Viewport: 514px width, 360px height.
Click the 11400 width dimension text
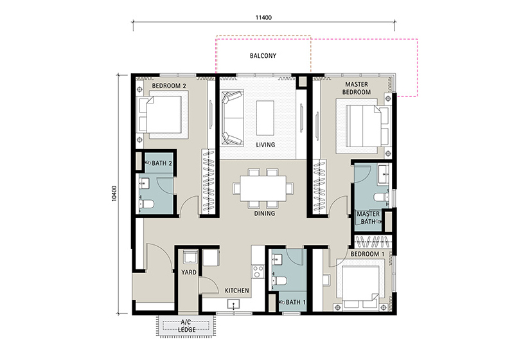(x=263, y=17)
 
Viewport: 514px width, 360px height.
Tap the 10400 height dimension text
(x=114, y=194)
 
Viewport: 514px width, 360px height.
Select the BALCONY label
(x=263, y=56)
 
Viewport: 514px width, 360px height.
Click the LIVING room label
(x=265, y=145)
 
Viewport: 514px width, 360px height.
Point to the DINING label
(x=265, y=213)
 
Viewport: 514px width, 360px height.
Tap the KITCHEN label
(x=236, y=291)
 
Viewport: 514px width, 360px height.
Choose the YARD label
(x=189, y=272)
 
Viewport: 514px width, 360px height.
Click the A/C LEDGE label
(x=186, y=326)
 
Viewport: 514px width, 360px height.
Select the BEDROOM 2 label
(x=169, y=86)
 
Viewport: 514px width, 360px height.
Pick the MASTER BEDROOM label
(x=357, y=88)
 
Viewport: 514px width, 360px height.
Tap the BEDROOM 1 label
(x=368, y=254)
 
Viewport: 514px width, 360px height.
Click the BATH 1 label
(x=296, y=302)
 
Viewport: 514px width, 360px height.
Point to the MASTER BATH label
(x=368, y=218)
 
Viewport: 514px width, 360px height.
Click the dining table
(x=263, y=188)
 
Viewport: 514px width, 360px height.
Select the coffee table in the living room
(x=265, y=118)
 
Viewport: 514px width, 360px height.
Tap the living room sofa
(x=232, y=118)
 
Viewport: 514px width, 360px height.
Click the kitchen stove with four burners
(x=258, y=272)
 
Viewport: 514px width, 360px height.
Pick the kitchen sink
(x=233, y=304)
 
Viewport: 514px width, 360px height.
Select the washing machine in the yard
(x=190, y=256)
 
